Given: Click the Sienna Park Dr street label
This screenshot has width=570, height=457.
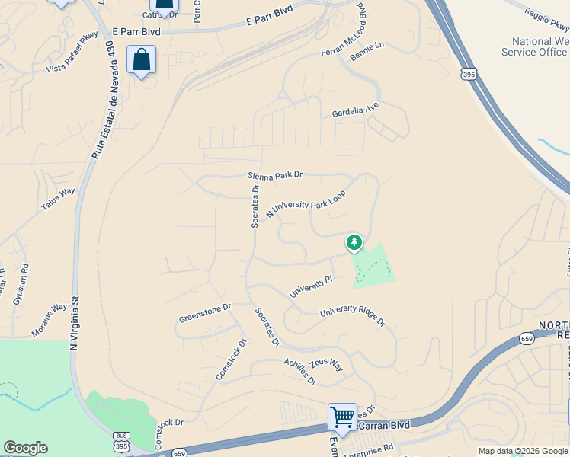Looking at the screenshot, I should click(x=275, y=175).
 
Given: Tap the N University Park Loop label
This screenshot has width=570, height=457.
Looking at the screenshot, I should click(x=306, y=204).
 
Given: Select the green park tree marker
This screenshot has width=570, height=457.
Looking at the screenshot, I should click(x=354, y=242).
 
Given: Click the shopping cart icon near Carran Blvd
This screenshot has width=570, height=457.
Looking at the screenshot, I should click(x=342, y=417).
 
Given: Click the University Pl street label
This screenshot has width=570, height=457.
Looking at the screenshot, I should click(x=311, y=287).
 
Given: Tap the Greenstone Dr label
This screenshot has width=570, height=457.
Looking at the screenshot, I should click(x=204, y=312).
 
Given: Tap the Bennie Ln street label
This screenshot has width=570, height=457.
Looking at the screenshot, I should click(x=367, y=46).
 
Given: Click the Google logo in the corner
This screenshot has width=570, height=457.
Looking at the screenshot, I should click(x=25, y=448).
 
